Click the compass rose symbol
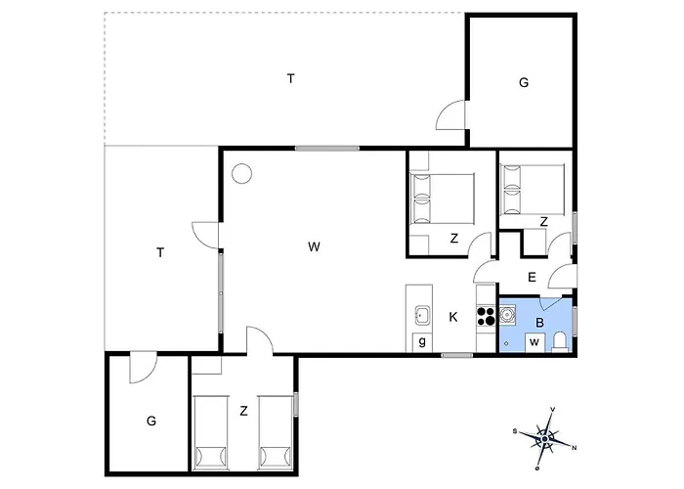(545, 438)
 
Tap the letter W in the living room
(314, 246)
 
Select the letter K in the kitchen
(453, 318)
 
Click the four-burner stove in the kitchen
(487, 317)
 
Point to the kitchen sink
(422, 315)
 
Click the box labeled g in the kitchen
(422, 342)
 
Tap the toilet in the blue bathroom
(559, 341)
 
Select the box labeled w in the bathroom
(534, 342)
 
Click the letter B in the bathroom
(540, 323)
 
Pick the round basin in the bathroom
(507, 314)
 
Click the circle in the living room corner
(241, 174)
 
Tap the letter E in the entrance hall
(532, 277)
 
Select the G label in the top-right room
(524, 82)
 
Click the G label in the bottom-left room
(151, 421)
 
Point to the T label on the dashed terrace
(291, 78)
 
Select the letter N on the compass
(575, 448)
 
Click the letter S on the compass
(515, 431)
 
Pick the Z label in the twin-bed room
(244, 411)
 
